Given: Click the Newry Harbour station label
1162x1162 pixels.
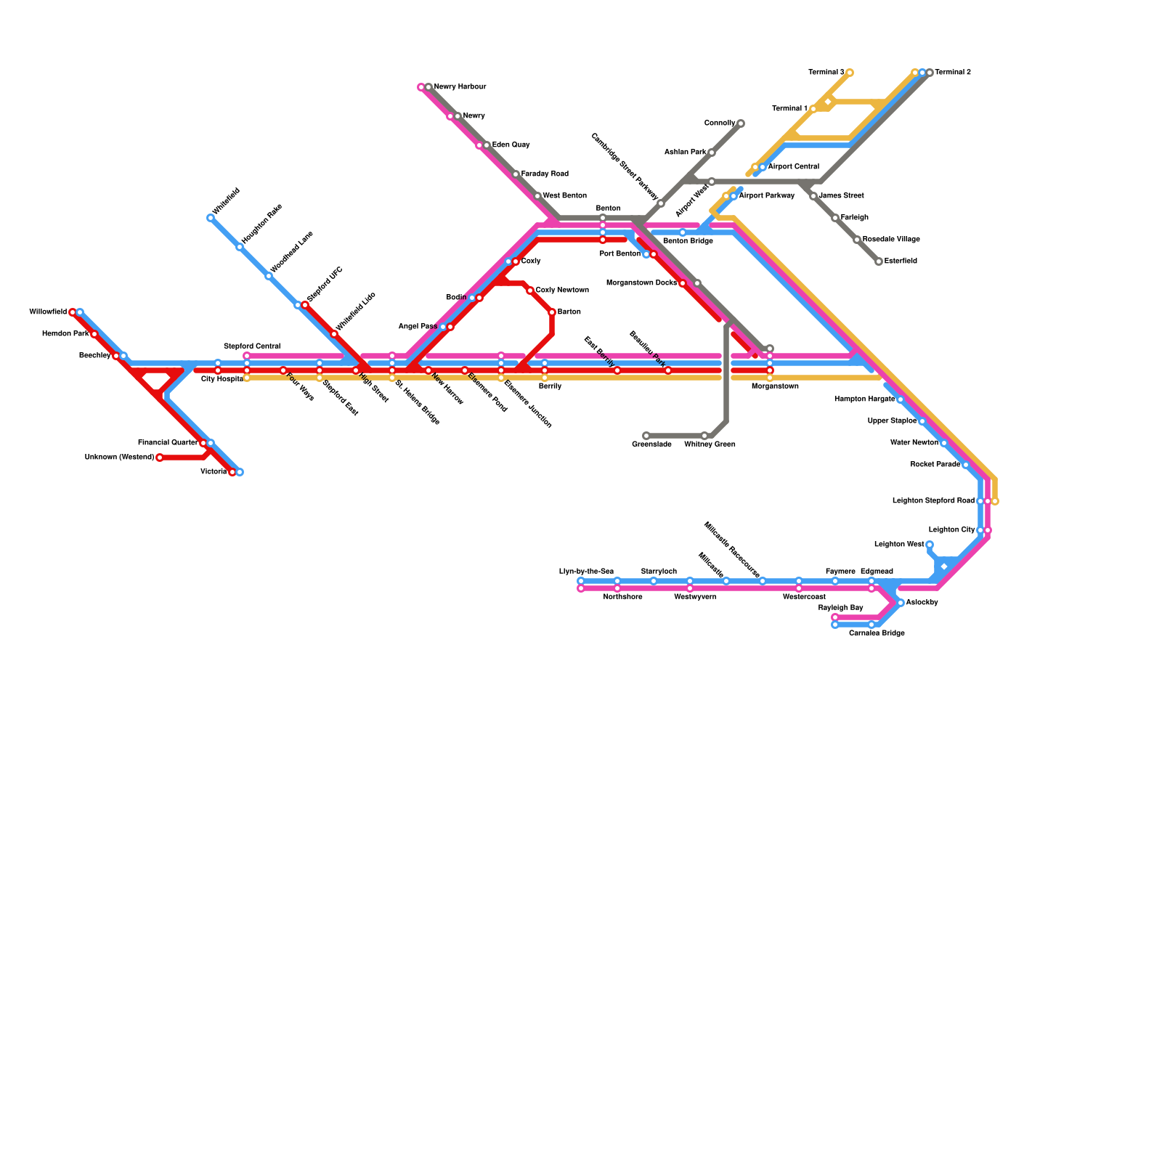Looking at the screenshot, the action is [x=460, y=87].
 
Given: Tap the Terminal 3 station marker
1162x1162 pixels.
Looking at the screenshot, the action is [x=850, y=73].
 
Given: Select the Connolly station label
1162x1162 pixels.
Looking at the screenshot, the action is [x=720, y=123].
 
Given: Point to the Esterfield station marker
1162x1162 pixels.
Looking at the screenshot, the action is [x=879, y=261].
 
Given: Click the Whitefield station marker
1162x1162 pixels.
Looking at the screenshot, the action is [x=211, y=218].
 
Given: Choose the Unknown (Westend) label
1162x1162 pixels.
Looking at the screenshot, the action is [x=119, y=458].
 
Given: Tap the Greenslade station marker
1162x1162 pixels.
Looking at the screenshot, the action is [x=646, y=436].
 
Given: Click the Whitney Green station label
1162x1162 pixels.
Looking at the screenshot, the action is [x=710, y=444].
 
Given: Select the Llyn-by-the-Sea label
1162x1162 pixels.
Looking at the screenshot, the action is [x=586, y=572].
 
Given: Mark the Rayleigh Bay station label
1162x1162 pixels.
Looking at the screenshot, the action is [x=840, y=608].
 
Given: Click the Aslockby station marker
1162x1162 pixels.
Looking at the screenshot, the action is [x=901, y=603].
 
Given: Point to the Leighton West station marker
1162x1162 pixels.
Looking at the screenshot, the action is [x=930, y=545].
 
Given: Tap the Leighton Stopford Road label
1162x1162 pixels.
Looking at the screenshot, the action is [x=933, y=501].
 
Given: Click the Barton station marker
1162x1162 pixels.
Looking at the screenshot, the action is [x=552, y=312].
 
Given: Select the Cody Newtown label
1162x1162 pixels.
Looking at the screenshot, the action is [x=562, y=290].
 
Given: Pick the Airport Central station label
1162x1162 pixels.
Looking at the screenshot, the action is [x=793, y=167].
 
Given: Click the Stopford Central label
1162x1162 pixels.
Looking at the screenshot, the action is [x=251, y=346].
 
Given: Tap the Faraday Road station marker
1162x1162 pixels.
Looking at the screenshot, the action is [x=516, y=174].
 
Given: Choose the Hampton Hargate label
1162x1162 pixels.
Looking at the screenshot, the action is [x=864, y=399].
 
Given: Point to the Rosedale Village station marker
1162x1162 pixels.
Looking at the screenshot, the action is [x=857, y=240].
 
